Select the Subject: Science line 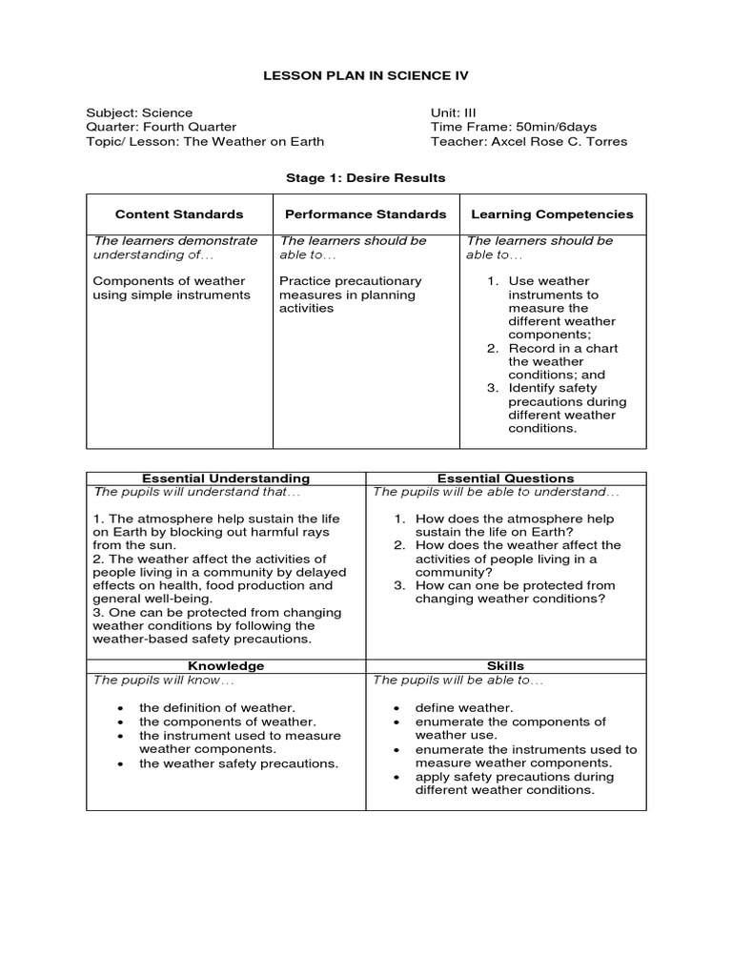click(x=139, y=112)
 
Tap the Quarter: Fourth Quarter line click(x=161, y=127)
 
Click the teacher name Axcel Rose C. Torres click(x=559, y=142)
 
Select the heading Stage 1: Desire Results click(x=366, y=178)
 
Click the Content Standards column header click(x=179, y=214)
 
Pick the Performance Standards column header click(x=366, y=214)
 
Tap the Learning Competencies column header click(x=553, y=214)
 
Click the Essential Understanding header click(x=226, y=478)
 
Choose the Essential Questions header click(x=505, y=478)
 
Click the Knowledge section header click(x=226, y=666)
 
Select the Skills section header click(x=505, y=666)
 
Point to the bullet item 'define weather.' click(x=463, y=708)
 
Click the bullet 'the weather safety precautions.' click(x=238, y=763)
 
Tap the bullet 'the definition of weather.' click(x=217, y=708)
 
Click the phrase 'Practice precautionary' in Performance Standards click(x=350, y=281)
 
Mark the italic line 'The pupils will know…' click(x=163, y=681)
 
